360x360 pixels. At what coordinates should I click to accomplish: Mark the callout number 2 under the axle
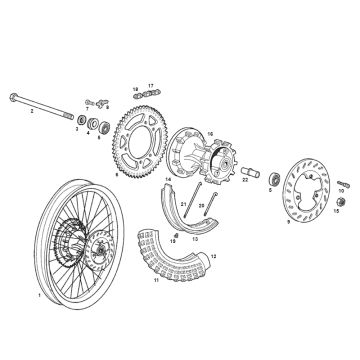coord(32,112)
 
